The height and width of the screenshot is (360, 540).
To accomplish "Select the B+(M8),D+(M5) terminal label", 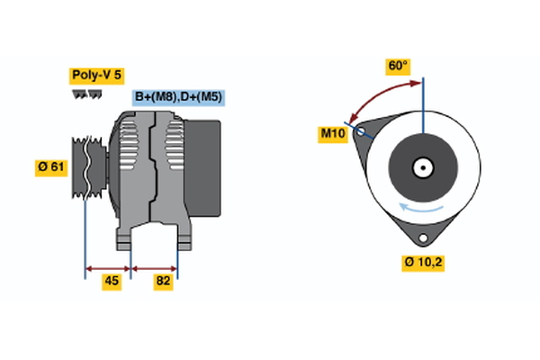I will pos(179,97).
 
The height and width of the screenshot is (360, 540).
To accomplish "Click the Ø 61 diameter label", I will pos(51,167).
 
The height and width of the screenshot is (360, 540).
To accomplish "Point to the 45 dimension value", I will pos(111,282).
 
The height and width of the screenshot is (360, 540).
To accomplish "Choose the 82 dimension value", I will pos(163,282).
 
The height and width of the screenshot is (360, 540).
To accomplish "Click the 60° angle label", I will pos(398,66).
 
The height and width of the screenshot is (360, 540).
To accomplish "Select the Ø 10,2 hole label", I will pos(423,263).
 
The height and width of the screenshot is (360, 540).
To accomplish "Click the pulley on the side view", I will pos(87,167).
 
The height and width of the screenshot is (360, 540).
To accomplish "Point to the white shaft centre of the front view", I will pos(423,166).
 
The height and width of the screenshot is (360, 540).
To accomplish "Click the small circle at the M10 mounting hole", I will pos(362,131).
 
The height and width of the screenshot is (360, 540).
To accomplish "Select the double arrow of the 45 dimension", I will pos(108,267).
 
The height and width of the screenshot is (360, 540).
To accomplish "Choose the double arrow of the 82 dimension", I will pos(155,267).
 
